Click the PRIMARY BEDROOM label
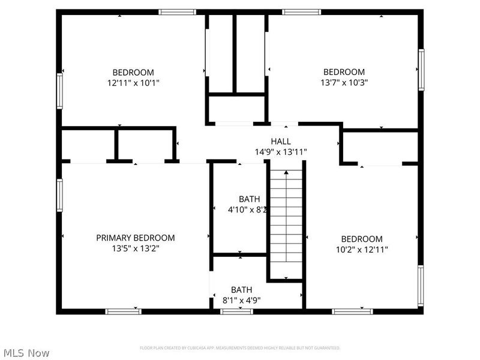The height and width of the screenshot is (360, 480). point(136,238)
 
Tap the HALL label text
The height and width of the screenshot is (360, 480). point(281,141)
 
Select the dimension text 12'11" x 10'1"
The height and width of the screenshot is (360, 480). point(133,83)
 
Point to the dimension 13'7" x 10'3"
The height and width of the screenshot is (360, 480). point(344,83)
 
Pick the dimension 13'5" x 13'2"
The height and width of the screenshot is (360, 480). point(136,248)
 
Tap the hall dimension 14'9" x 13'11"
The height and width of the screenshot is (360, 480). point(281,152)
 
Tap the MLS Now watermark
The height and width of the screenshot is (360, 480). point(26,353)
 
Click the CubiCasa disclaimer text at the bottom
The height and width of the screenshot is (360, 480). point(240,348)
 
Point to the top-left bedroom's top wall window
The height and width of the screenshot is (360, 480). point(177,11)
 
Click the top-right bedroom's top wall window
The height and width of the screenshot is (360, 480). point(302,11)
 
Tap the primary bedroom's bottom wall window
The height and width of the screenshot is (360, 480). point(123,311)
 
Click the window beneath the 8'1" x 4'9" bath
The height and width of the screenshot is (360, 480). point(236,311)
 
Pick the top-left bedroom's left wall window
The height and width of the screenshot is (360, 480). point(59,91)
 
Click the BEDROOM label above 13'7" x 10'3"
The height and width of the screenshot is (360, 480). point(344,72)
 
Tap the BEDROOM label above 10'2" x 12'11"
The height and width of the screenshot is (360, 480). point(361,238)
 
